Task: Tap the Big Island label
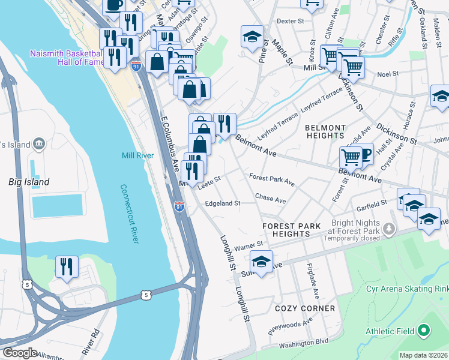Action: coord(28,181)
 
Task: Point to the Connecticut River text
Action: coord(129,213)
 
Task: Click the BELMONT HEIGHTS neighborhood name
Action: coord(325,131)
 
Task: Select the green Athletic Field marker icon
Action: coord(424,331)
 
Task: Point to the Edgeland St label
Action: coord(222,203)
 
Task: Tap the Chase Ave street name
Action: coord(270,198)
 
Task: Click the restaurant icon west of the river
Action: coord(67,266)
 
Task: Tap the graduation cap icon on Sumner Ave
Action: coord(261,262)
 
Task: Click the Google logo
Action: coord(20,353)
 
